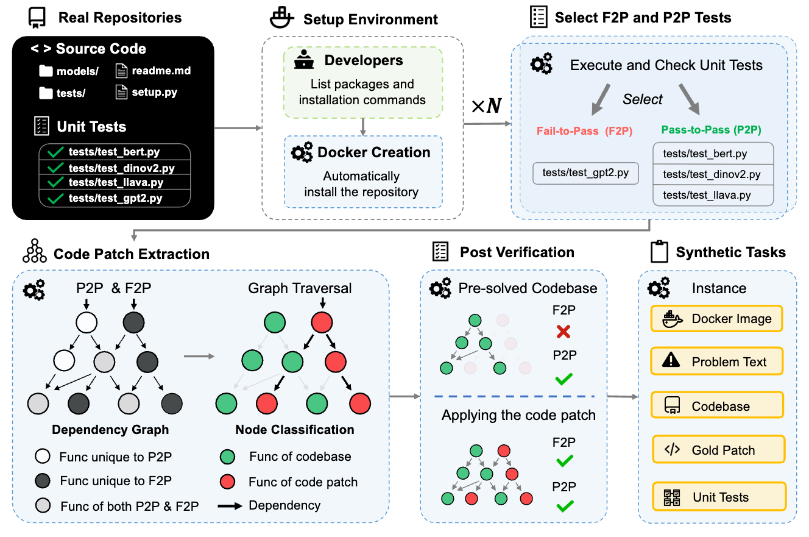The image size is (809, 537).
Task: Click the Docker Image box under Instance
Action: tap(716, 319)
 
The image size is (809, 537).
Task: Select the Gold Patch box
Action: tap(718, 450)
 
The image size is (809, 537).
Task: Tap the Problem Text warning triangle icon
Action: tap(671, 361)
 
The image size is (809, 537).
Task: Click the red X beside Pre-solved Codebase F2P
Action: tap(563, 332)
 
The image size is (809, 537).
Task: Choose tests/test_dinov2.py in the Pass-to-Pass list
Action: tap(712, 174)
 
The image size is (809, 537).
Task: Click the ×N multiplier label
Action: tap(487, 107)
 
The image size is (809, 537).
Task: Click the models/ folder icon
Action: tap(46, 71)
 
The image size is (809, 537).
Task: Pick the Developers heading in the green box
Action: tap(363, 60)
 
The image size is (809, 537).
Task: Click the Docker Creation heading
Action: tap(373, 152)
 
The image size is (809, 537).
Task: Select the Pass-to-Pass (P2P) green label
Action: tap(711, 130)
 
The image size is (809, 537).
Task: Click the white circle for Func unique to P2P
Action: tap(43, 457)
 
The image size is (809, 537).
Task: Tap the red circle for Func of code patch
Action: tap(227, 482)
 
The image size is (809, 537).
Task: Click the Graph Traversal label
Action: tap(300, 288)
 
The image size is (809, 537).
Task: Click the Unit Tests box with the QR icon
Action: tap(719, 497)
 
